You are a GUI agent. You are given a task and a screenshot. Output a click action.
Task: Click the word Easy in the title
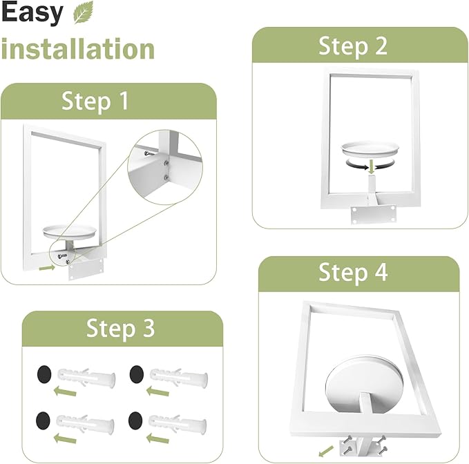pos(32,13)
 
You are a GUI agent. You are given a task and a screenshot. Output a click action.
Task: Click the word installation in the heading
pos(78,49)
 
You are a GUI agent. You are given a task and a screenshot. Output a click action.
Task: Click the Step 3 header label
pos(120,329)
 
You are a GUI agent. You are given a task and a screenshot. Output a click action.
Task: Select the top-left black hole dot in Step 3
pos(44,376)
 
